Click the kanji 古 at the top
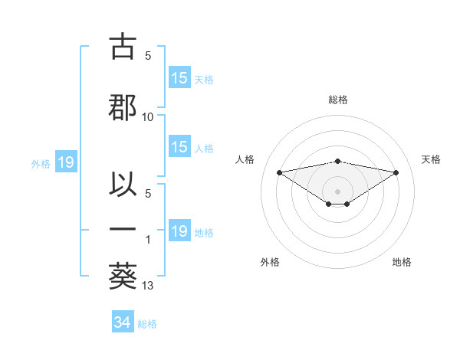pos(123,47)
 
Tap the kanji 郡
pos(123,108)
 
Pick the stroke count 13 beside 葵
pos(148,286)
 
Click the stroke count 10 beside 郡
pos(148,117)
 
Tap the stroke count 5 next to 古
pos(148,56)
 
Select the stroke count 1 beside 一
pos(148,240)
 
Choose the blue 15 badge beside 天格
pos(179,78)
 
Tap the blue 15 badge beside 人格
pos(179,147)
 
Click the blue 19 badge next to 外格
pos(65,162)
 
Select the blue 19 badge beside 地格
pos(179,231)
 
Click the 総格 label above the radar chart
pos(338,100)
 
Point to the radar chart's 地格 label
pos(402,262)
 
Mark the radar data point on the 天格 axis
pos(396,172)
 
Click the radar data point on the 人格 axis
pos(279,172)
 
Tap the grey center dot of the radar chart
pos(338,191)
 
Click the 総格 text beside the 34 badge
pos(147,324)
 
